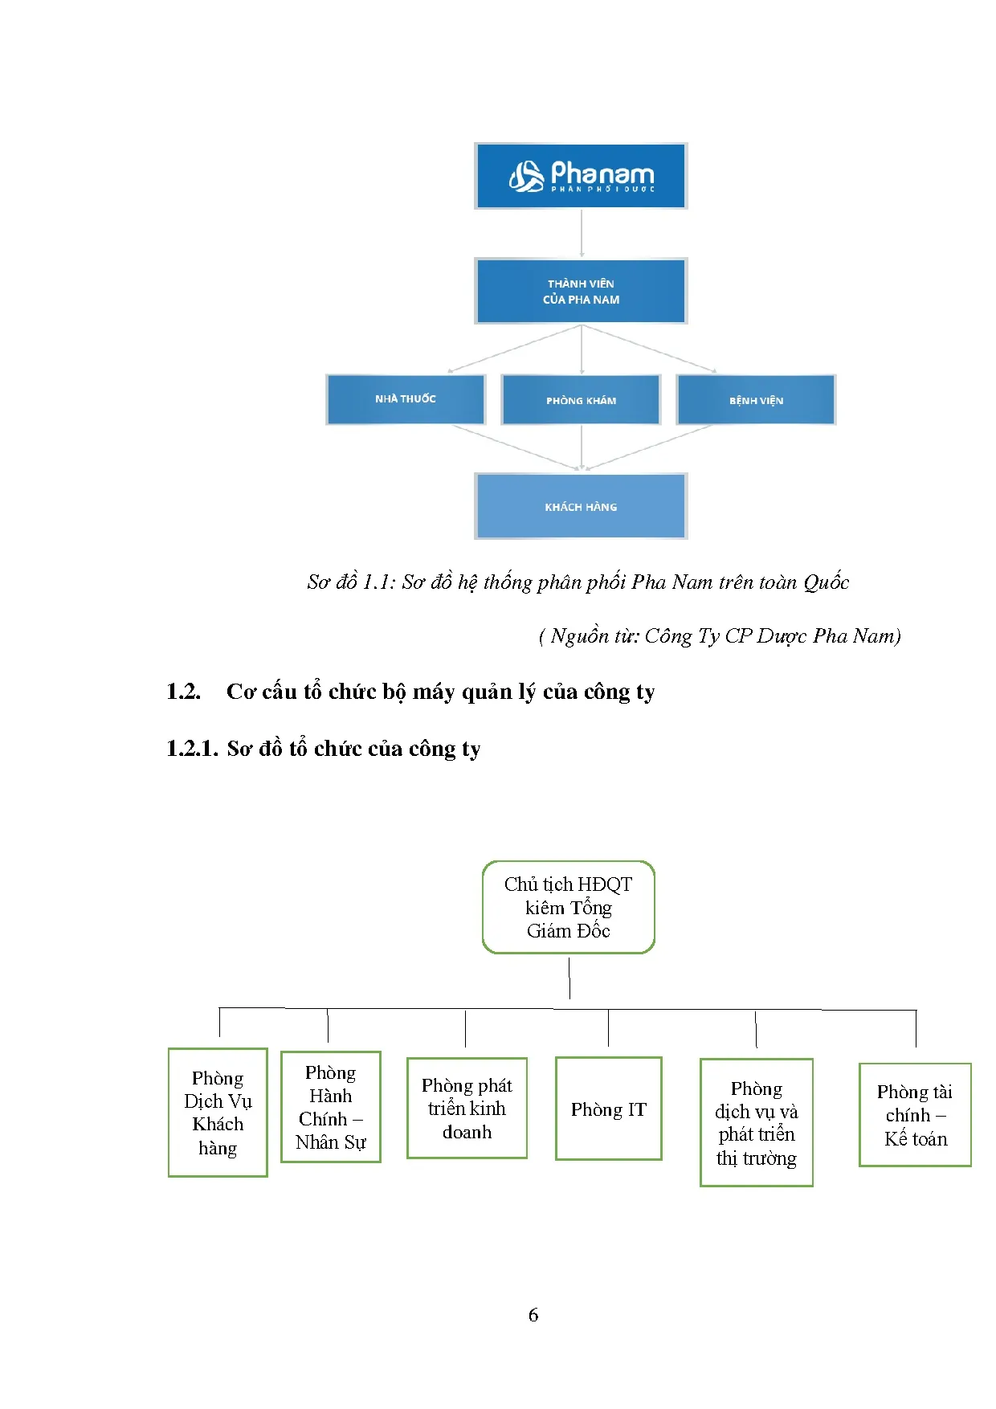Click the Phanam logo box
(581, 176)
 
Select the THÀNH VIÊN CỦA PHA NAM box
(581, 291)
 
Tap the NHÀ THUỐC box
(405, 399)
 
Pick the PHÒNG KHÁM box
(581, 400)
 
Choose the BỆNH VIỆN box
(756, 400)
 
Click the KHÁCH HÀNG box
(581, 506)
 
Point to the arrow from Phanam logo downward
(582, 233)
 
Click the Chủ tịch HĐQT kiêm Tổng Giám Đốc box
(569, 907)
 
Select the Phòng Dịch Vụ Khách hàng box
(218, 1113)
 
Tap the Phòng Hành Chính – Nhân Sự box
(330, 1107)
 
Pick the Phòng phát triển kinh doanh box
(467, 1109)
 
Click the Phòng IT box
(608, 1109)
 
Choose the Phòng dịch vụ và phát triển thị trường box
(756, 1122)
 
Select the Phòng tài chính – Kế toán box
(915, 1115)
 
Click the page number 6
(533, 1315)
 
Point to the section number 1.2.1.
(191, 749)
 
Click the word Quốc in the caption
(826, 582)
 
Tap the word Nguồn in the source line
(579, 636)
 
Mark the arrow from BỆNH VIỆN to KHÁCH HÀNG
(651, 447)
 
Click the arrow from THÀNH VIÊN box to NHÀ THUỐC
(514, 349)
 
